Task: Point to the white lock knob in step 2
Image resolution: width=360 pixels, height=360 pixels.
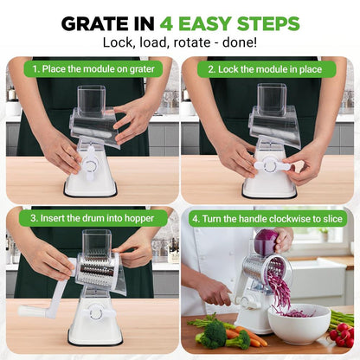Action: [273, 164]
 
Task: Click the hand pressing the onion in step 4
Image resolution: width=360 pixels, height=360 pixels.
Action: [284, 238]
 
